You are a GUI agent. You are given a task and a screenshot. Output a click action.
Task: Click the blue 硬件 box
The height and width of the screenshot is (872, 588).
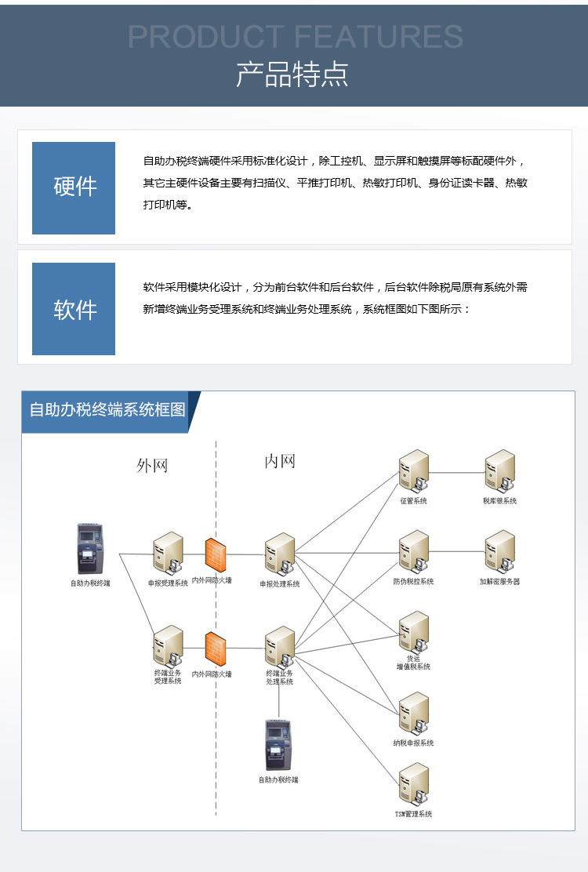coord(74,188)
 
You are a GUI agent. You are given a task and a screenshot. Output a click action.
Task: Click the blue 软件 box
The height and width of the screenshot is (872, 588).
coord(74,309)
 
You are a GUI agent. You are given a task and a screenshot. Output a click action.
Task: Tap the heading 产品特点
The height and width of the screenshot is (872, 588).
coord(292,74)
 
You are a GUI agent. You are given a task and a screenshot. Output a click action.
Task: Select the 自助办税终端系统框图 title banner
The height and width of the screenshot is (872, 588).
coord(107,410)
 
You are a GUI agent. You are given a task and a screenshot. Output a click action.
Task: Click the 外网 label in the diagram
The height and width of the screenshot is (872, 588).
coord(152,466)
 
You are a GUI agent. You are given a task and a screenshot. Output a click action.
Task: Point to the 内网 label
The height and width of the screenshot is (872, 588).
coord(280,461)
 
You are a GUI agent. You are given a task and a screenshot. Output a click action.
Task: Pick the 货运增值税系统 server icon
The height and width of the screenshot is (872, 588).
coord(413,632)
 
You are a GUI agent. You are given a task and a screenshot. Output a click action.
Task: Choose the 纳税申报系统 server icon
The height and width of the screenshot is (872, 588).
coord(413,714)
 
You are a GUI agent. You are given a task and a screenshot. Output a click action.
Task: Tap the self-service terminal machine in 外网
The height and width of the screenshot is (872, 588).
coord(89,549)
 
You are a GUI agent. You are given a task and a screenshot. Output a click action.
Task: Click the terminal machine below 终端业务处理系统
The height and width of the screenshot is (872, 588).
coord(278,745)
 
